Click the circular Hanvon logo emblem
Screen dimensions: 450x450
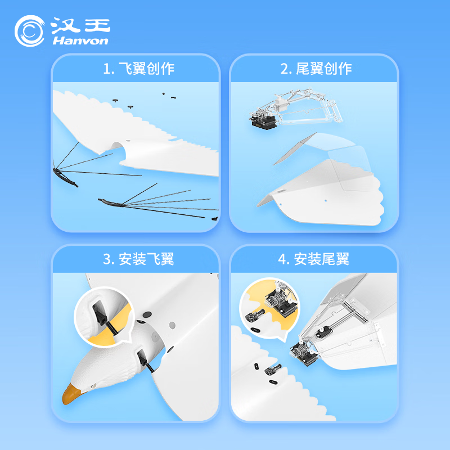tap(30, 31)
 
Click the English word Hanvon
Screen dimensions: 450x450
tap(80, 40)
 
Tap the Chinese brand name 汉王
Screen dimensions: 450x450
tap(80, 25)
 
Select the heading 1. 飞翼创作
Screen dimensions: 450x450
tap(138, 69)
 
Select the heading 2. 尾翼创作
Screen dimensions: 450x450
tap(316, 69)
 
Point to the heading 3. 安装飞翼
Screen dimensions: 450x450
tap(138, 259)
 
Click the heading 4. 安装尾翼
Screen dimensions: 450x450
tap(314, 259)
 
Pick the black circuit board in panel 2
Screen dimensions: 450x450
tap(263, 120)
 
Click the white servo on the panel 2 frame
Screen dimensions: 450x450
tap(281, 104)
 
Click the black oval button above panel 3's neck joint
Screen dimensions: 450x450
tap(147, 314)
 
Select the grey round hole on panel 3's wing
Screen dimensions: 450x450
tap(172, 325)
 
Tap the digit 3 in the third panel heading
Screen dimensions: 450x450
tap(107, 259)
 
